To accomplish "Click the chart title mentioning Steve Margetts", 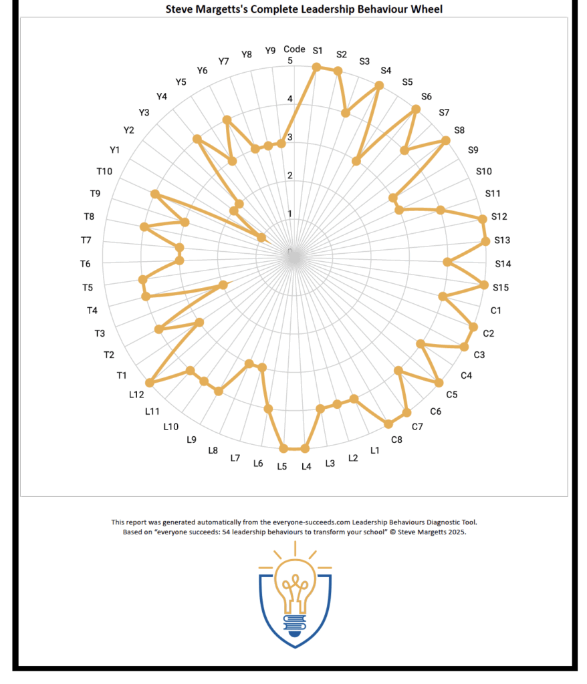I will [x=294, y=9].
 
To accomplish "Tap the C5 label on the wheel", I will [x=452, y=394].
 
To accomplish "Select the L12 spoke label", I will [x=136, y=394].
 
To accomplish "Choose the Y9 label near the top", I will [x=270, y=50].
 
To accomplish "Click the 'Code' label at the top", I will [x=294, y=49].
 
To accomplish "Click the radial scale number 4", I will [x=290, y=100].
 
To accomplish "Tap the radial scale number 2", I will [x=290, y=176].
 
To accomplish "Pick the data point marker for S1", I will [x=317, y=67].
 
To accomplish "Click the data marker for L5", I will [x=283, y=448].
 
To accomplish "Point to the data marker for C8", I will [x=388, y=424].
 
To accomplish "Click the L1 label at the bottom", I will [x=374, y=451].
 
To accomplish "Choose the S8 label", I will [x=459, y=131].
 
